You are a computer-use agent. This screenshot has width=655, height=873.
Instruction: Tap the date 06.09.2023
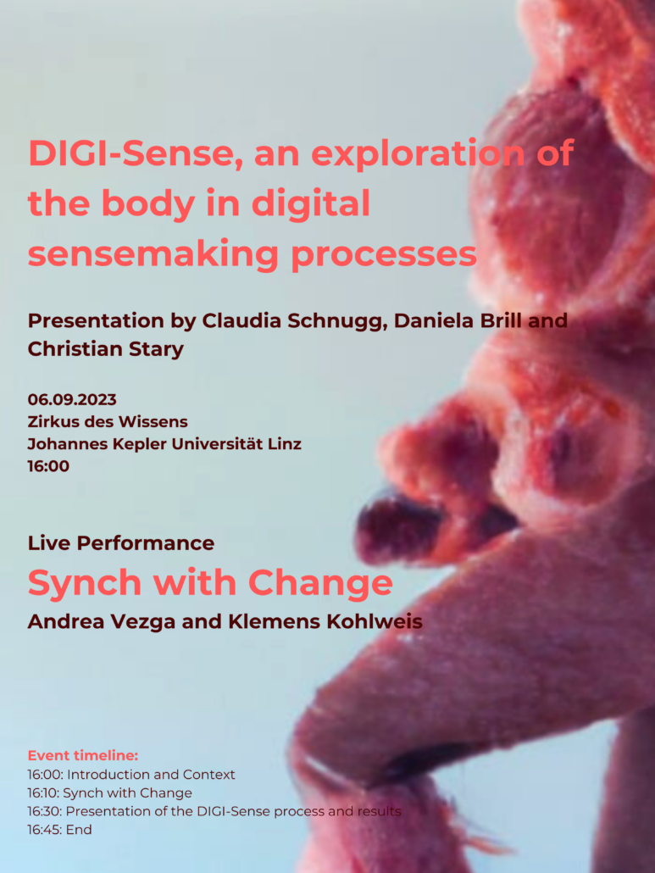(72, 400)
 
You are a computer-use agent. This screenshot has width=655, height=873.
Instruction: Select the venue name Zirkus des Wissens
(108, 421)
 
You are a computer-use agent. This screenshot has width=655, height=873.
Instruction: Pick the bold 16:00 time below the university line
(48, 466)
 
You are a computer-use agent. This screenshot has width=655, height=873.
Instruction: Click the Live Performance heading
(121, 542)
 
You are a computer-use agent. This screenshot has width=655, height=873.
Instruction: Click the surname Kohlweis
(374, 621)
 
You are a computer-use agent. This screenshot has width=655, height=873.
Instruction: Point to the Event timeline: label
(83, 755)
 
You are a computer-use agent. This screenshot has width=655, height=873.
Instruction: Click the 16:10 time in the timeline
(42, 792)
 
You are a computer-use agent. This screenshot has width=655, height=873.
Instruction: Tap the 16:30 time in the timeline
(43, 811)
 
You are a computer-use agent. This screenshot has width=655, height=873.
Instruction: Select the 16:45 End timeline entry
(59, 830)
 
